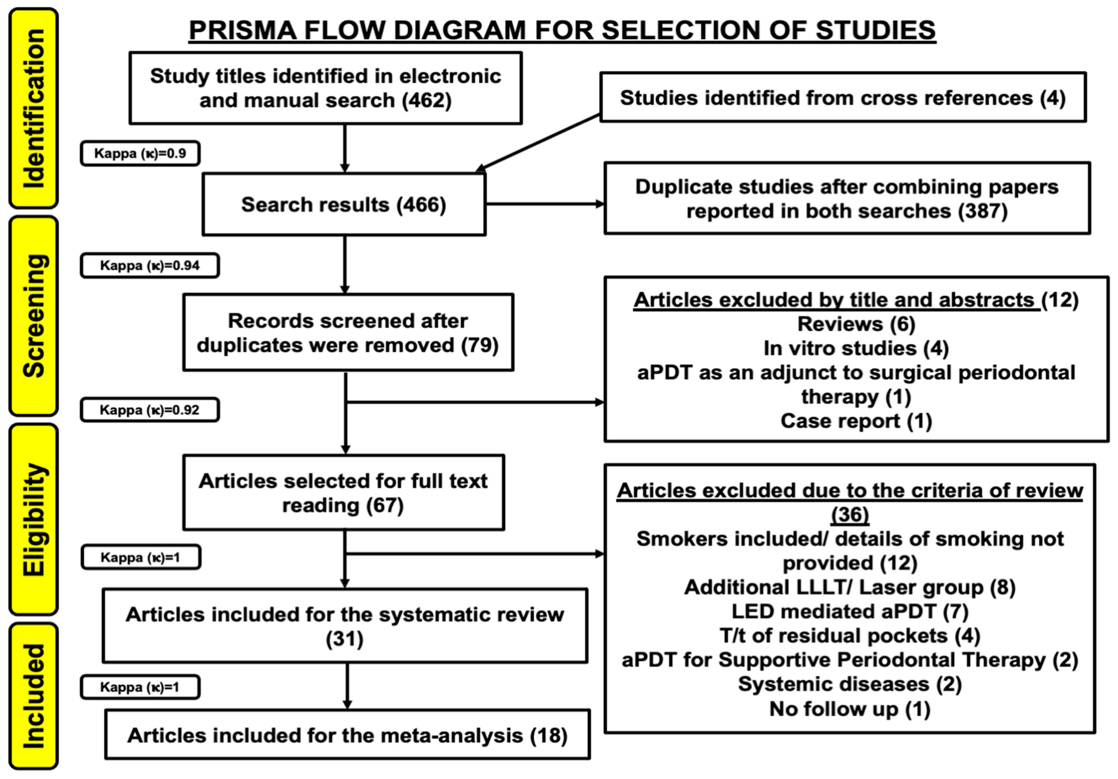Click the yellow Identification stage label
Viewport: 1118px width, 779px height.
pyautogui.click(x=34, y=108)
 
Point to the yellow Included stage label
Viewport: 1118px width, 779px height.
pyautogui.click(x=34, y=696)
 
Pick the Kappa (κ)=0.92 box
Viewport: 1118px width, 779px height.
pyautogui.click(x=149, y=410)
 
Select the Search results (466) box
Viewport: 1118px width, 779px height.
pyautogui.click(x=344, y=204)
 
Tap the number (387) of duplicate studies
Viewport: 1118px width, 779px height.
pyautogui.click(x=983, y=211)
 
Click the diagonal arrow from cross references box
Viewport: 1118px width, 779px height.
pyautogui.click(x=538, y=142)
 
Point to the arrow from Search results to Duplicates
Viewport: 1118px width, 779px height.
pyautogui.click(x=544, y=204)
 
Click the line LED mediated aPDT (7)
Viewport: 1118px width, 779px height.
pyautogui.click(x=850, y=611)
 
